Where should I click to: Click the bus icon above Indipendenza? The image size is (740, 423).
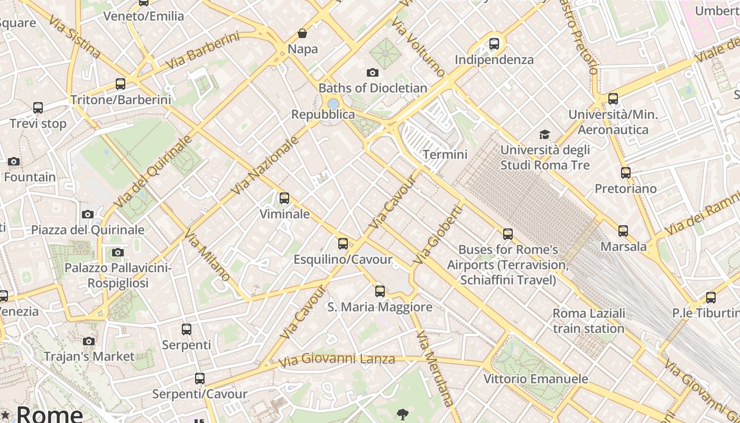494,44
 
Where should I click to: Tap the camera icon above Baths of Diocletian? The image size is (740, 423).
373,72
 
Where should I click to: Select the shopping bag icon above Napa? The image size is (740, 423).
302,34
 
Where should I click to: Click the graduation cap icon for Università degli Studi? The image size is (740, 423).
544,134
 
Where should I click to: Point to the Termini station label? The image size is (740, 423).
445,154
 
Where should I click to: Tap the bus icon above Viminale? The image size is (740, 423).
284,198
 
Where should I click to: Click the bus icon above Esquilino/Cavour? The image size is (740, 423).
343,244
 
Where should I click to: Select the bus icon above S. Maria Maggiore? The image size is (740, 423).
380,291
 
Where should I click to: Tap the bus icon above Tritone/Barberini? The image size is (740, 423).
121,84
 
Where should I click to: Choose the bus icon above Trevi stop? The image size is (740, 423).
38,108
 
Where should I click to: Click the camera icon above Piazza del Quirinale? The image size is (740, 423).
88,214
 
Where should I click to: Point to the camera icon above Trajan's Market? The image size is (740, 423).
89,341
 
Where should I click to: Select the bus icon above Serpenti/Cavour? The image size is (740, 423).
199,379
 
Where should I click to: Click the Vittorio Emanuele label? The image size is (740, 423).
536,379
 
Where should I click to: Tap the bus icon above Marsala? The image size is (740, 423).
623,231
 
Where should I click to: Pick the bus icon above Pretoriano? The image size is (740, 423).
626,172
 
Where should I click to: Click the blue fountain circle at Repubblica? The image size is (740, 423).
333,104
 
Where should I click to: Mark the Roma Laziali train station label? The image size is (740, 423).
589,321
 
